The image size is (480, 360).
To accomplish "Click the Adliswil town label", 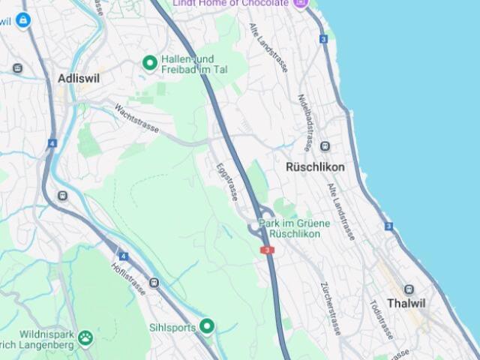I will point(79,78).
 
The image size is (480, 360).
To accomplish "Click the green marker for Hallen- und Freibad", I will point(149,63).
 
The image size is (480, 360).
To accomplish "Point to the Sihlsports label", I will point(172,327).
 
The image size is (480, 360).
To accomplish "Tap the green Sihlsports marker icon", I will point(206,326).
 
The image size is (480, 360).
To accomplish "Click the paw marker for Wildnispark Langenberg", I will point(85,338).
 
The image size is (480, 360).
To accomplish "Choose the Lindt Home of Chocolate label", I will point(230,3).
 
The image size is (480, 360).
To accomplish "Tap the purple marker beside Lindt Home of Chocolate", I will point(301,3).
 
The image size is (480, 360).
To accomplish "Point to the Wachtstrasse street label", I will point(136,118).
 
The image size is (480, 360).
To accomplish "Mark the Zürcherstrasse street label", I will point(331,307).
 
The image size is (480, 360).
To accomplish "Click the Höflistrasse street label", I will point(127,278).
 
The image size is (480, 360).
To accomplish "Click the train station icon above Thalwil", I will point(409,289).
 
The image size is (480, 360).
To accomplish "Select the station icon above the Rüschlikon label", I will point(325,146).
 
